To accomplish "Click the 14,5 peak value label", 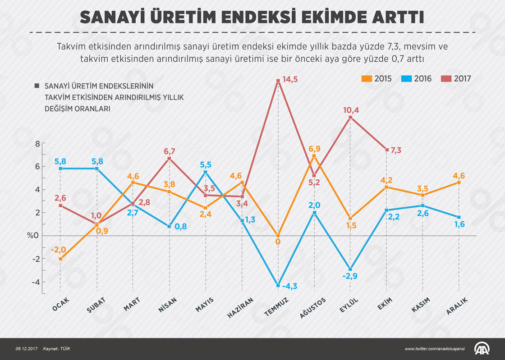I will pos(290,80).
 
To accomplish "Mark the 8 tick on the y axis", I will pos(37,144).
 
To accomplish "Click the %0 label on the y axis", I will pos(33,236).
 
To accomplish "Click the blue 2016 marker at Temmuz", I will pos(278,285).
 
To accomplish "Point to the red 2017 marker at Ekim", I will pos(387,150).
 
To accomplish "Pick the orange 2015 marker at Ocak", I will pos(60,259).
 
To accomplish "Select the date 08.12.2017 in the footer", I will pos(25,349).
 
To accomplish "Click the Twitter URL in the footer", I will pos(435,349).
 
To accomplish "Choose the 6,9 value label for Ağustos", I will pos(314,149).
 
